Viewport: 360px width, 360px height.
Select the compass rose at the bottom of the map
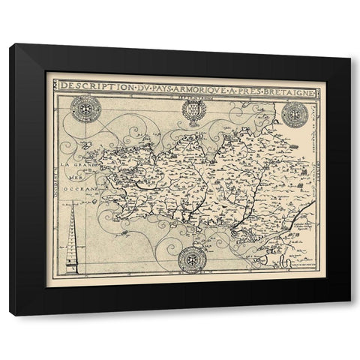point(192,259)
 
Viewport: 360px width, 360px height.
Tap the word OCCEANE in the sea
point(85,190)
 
